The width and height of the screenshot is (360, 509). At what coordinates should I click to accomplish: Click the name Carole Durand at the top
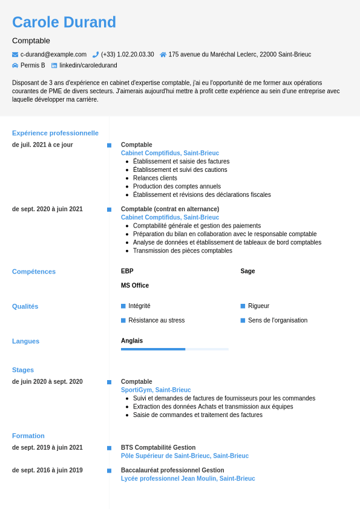point(64,22)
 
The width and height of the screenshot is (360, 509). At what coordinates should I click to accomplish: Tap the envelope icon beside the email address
point(15,54)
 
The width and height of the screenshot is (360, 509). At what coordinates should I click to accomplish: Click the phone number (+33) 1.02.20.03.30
point(127,54)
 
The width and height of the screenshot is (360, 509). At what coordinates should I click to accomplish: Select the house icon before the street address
point(163,54)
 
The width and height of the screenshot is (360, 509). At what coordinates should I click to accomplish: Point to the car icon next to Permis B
point(15,65)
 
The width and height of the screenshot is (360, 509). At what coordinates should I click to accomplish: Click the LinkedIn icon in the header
point(54,65)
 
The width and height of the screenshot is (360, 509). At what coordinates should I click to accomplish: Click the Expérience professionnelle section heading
point(55,133)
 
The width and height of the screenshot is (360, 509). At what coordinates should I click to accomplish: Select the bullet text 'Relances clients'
point(155,178)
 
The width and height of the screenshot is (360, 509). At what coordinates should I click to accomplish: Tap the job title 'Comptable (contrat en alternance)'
point(170,209)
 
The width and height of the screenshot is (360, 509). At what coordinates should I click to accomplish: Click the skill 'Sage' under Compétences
point(247,271)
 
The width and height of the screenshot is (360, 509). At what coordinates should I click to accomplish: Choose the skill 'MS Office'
point(135,286)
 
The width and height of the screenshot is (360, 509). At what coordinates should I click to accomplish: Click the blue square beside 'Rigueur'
point(243,306)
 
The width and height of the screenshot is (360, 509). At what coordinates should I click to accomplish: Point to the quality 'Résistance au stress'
point(156,320)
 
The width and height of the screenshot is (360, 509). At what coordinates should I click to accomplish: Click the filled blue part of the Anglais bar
point(153,349)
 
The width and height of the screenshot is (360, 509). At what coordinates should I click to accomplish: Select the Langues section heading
point(25,341)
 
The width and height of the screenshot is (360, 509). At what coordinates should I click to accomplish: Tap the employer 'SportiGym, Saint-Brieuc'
point(155,390)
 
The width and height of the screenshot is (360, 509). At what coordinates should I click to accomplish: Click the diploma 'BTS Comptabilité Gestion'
point(158,448)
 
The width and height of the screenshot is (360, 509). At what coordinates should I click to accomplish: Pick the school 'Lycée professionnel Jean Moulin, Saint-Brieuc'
point(188,479)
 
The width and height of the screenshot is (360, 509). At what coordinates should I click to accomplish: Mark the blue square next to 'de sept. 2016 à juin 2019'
point(109,471)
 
